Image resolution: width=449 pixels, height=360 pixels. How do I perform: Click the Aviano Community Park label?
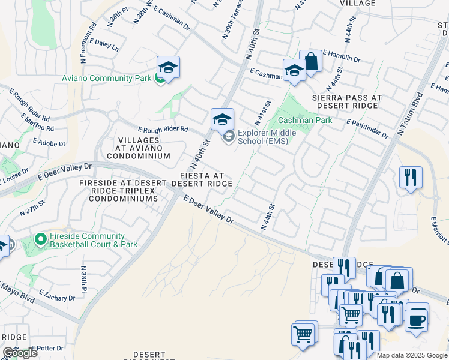(107, 78)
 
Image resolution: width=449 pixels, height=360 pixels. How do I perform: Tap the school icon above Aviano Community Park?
(169, 67)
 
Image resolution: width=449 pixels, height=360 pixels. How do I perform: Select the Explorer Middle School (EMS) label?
(263, 137)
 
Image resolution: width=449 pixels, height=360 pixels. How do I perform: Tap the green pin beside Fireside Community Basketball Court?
(40, 240)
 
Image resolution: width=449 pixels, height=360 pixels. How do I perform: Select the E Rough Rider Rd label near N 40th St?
(163, 130)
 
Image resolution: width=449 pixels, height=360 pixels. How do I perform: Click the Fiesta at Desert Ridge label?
(202, 179)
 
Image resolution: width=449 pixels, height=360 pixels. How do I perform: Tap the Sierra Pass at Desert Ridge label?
(345, 101)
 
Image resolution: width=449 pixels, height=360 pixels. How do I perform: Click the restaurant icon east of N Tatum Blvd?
(411, 178)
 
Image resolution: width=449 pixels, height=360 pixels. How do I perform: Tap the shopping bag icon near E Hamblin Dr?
(310, 61)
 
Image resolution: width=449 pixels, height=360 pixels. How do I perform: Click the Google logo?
(20, 353)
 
